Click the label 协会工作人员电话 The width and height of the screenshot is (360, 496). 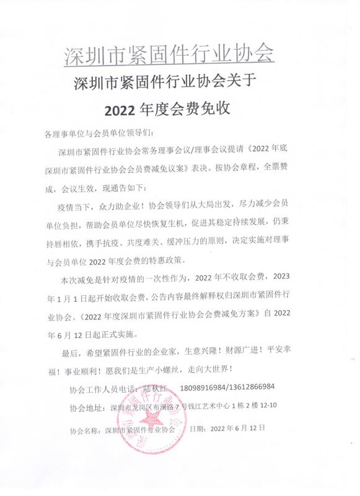100,388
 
